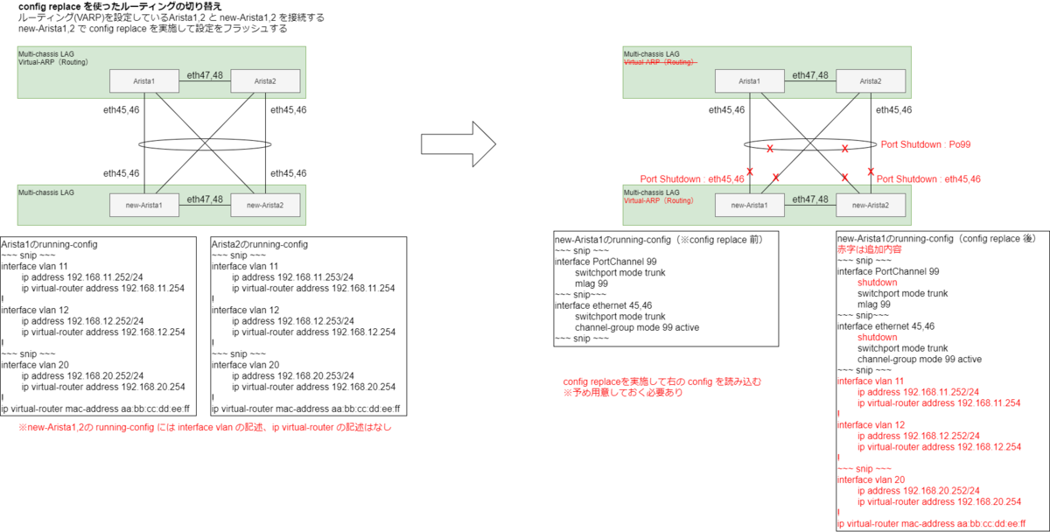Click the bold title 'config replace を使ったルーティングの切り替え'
tap(120, 7)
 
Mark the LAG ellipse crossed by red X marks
tap(810, 144)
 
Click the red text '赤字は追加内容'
tap(865, 249)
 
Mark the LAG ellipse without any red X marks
tap(205, 144)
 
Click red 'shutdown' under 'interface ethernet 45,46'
tap(878, 337)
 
